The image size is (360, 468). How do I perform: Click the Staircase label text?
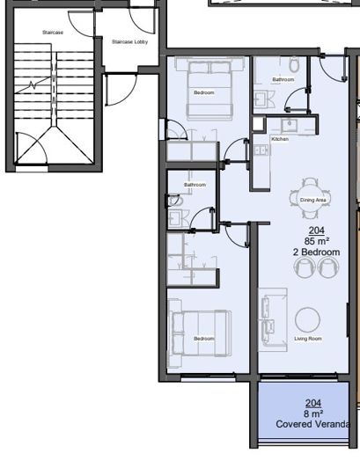pyautogui.click(x=53, y=32)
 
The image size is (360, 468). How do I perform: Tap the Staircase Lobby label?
pyautogui.click(x=129, y=41)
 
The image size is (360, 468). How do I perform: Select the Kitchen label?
pyautogui.click(x=280, y=139)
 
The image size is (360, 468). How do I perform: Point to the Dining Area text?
pyautogui.click(x=313, y=200)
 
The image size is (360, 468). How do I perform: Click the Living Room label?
pyautogui.click(x=308, y=339)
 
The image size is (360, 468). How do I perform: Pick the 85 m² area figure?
pyautogui.click(x=317, y=240)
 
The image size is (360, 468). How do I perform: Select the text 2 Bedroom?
pyautogui.click(x=316, y=252)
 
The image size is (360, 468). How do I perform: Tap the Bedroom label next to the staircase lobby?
pyautogui.click(x=204, y=91)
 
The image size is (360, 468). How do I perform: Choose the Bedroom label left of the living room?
pyautogui.click(x=203, y=339)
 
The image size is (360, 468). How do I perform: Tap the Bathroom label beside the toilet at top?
pyautogui.click(x=283, y=79)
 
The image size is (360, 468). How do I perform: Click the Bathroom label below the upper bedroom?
pyautogui.click(x=195, y=185)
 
